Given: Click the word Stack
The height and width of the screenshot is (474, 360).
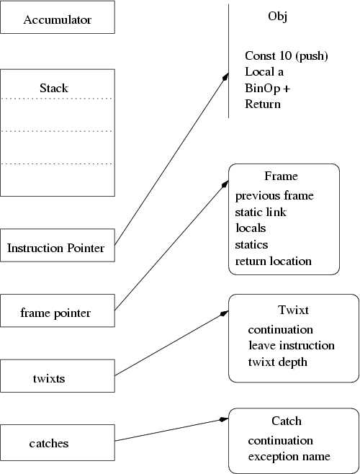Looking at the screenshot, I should (x=54, y=89).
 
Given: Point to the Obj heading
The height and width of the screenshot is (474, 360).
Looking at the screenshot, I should (x=277, y=17).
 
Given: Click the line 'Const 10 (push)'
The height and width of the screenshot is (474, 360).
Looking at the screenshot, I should (x=287, y=55).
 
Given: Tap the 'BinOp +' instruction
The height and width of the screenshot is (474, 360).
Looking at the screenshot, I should (x=271, y=88).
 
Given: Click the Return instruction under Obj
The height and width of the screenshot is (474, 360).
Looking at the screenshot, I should (x=263, y=104).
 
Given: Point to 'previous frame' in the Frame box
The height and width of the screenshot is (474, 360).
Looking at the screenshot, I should (x=274, y=195).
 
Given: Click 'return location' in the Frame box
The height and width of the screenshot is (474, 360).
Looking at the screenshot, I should (x=273, y=261).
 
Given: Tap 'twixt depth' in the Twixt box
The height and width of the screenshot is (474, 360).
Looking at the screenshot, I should (x=278, y=361).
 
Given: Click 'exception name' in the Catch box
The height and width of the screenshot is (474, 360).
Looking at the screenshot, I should (x=289, y=456).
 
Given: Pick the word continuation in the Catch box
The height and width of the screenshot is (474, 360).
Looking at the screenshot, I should (x=280, y=440).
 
